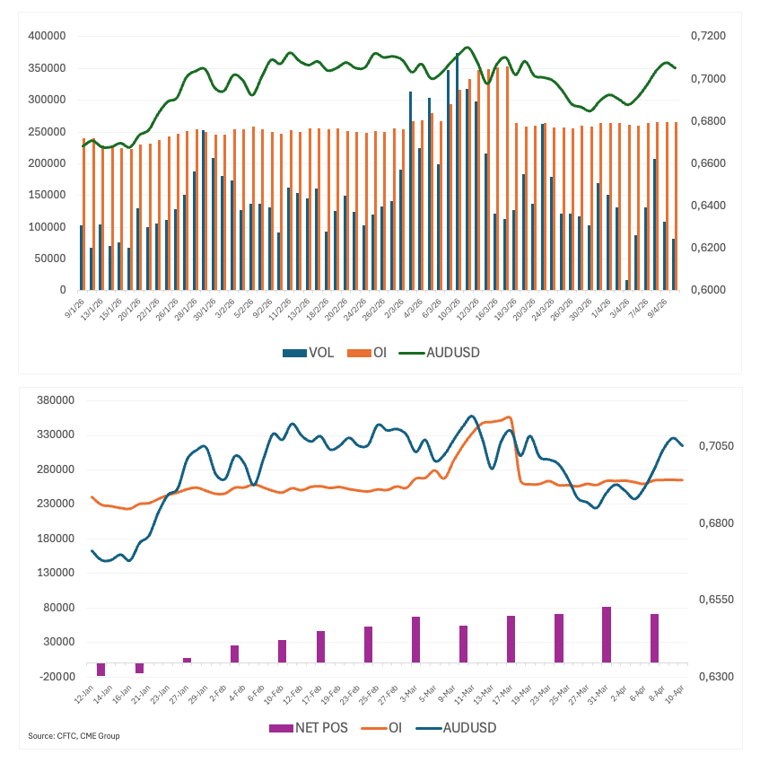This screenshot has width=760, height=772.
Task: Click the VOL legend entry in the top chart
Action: [309, 353]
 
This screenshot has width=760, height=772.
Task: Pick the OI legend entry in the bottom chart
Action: [392, 727]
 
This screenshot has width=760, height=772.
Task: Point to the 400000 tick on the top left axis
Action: [48, 36]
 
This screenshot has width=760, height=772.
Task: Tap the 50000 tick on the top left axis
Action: [52, 259]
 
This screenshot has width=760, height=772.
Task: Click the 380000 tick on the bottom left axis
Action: [52, 400]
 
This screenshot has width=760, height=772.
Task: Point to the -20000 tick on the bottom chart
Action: [52, 677]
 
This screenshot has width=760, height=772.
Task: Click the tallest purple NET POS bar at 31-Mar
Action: [607, 635]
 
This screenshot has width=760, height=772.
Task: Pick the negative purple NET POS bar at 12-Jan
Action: [100, 669]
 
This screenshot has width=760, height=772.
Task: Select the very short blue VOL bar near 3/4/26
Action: [627, 285]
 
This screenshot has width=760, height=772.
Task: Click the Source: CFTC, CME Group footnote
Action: [74, 736]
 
